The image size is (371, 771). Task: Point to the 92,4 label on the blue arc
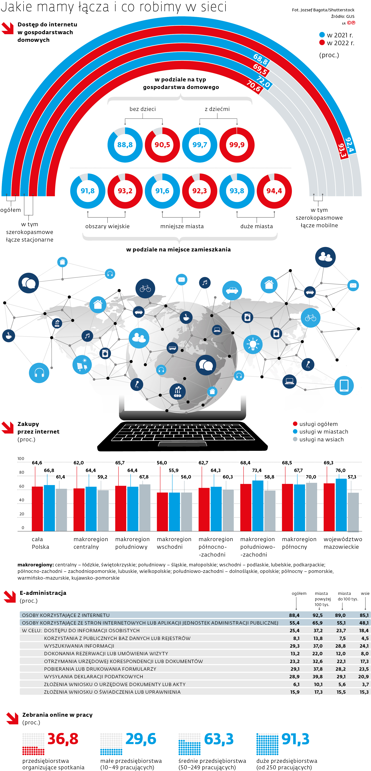tap(349, 145)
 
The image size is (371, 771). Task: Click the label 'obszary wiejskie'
tap(107, 226)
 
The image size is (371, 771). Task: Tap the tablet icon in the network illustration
tap(344, 385)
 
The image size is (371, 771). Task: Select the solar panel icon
tap(82, 365)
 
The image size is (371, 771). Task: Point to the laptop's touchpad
tap(182, 444)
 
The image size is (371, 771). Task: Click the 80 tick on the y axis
tap(22, 472)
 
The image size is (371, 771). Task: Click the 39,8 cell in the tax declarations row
tap(318, 676)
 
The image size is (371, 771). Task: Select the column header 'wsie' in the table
tap(365, 593)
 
